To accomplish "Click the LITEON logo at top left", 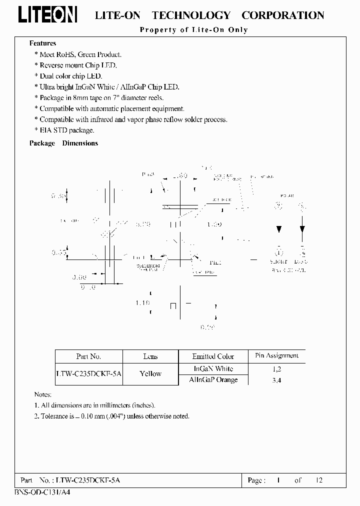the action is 47,15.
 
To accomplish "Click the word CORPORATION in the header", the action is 283,15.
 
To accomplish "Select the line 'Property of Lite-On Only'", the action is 193,30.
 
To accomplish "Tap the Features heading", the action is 42,43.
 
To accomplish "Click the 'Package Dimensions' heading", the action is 63,143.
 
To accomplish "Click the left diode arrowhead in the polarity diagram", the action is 279,229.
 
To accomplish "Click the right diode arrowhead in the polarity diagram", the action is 302,229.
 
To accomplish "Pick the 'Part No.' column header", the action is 88,356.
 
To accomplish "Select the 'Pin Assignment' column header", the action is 276,356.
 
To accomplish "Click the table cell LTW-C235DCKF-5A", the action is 88,373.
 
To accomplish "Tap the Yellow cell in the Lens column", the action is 150,373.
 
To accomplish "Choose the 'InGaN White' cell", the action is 213,368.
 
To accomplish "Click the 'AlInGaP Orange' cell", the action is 213,380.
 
